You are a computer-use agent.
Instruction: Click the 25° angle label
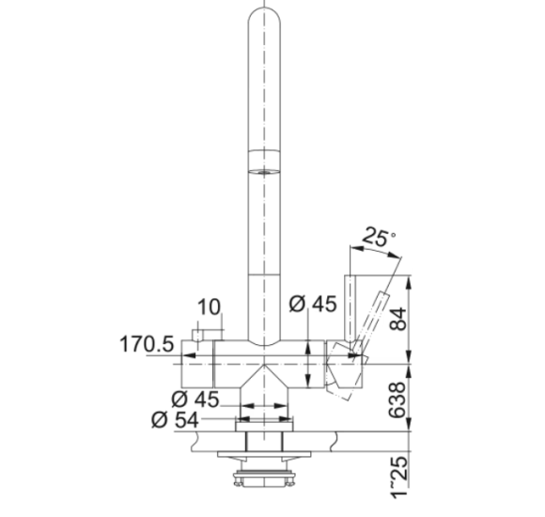click(x=379, y=237)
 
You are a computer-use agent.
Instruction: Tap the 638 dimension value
click(x=397, y=399)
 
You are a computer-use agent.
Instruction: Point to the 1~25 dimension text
click(x=398, y=477)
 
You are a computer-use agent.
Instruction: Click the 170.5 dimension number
click(x=147, y=344)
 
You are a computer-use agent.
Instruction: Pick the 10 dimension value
click(x=209, y=307)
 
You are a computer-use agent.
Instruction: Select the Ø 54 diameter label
click(x=175, y=419)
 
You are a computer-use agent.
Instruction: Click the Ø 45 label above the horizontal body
click(x=313, y=304)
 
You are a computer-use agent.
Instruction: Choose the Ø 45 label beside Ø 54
click(x=195, y=399)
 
